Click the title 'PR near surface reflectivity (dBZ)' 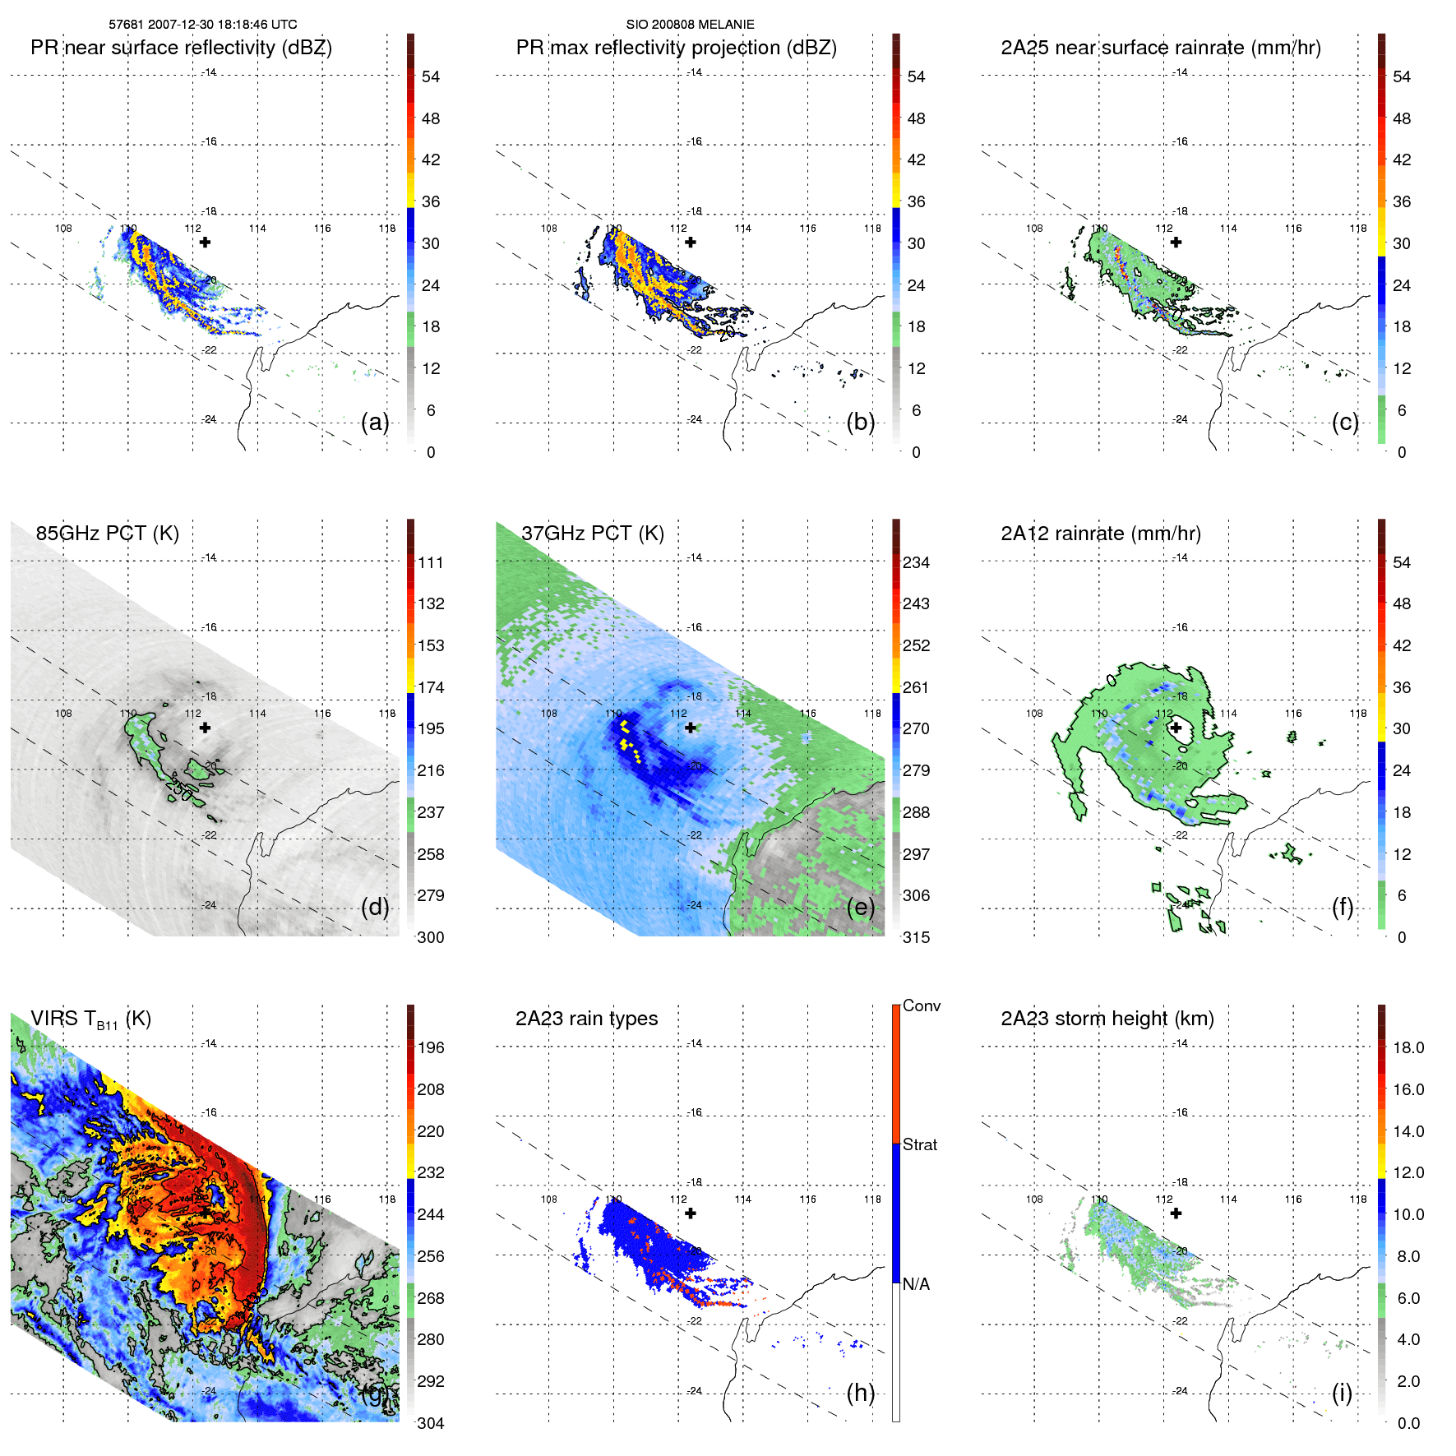click(181, 48)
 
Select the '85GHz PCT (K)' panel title click(107, 533)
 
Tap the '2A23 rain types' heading click(586, 1019)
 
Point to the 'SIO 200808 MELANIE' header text click(690, 25)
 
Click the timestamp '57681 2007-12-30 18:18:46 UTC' click(203, 25)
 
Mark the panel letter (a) click(375, 423)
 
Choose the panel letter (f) click(1343, 908)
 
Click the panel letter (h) click(861, 1393)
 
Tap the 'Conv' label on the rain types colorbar click(922, 1005)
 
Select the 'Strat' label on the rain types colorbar click(920, 1144)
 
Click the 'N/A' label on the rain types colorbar click(917, 1284)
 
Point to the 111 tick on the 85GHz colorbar click(431, 562)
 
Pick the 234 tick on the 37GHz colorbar click(916, 562)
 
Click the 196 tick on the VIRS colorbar click(431, 1047)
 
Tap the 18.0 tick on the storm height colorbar click(1408, 1047)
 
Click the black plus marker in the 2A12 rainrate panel click(1176, 728)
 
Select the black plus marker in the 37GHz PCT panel click(691, 728)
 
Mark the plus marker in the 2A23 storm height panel click(1176, 1213)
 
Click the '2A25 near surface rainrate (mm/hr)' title click(1161, 48)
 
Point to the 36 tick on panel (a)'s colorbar click(431, 201)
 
